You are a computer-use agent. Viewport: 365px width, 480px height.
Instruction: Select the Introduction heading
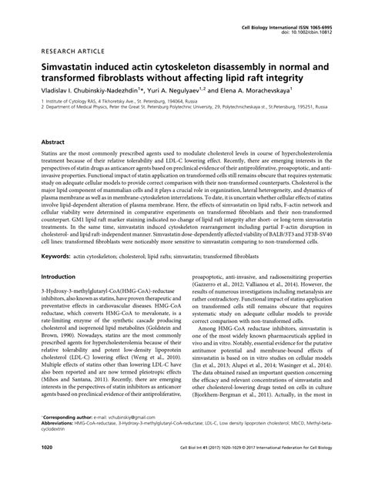click(x=63, y=276)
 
